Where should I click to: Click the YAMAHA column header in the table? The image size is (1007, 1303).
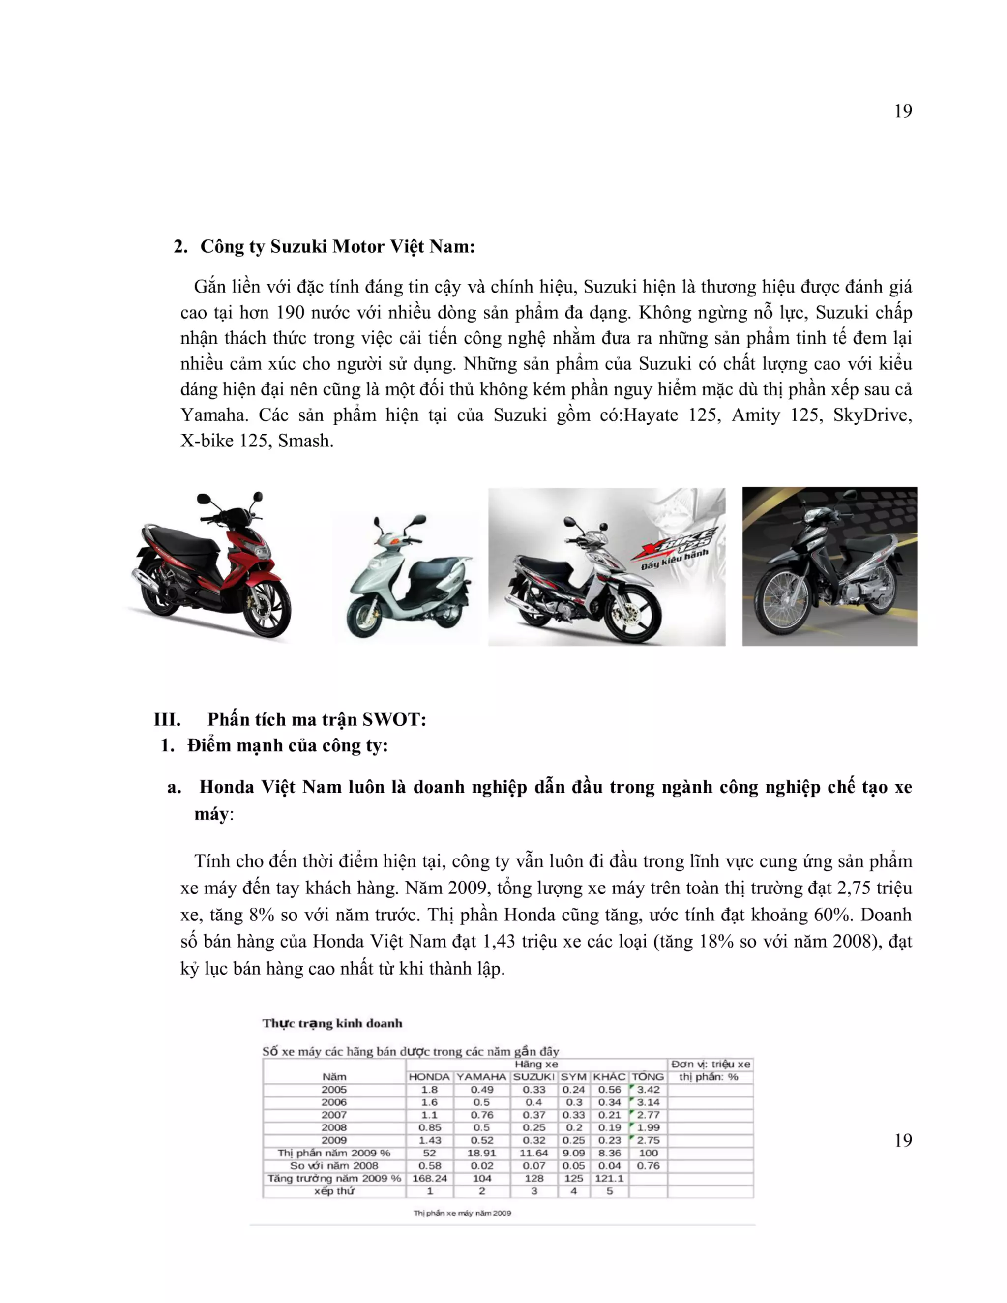tap(481, 1077)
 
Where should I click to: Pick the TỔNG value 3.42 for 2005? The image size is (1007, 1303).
tap(648, 1090)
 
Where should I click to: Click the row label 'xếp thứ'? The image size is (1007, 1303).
tap(333, 1191)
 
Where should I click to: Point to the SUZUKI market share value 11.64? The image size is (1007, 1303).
tap(533, 1153)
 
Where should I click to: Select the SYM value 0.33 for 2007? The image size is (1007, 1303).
tap(573, 1115)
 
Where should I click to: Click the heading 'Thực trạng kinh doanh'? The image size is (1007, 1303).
tap(332, 1024)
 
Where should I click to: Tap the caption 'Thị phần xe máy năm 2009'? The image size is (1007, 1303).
tap(462, 1213)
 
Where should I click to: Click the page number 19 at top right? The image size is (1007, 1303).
tap(903, 112)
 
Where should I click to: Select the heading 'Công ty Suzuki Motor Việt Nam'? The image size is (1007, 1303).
tap(337, 246)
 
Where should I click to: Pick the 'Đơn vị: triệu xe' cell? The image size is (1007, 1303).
tap(710, 1065)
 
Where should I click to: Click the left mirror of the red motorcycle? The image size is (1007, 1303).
tap(204, 499)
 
